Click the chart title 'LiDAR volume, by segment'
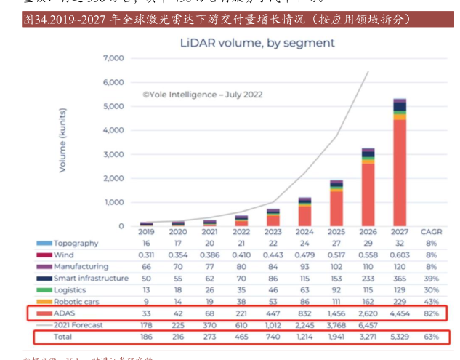(257, 43)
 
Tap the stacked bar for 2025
(336, 204)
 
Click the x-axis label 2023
(273, 233)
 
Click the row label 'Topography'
(76, 244)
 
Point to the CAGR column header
(432, 233)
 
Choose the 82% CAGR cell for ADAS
(432, 313)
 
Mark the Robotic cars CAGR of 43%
(432, 302)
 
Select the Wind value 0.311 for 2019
(146, 255)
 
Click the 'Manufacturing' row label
(81, 267)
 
